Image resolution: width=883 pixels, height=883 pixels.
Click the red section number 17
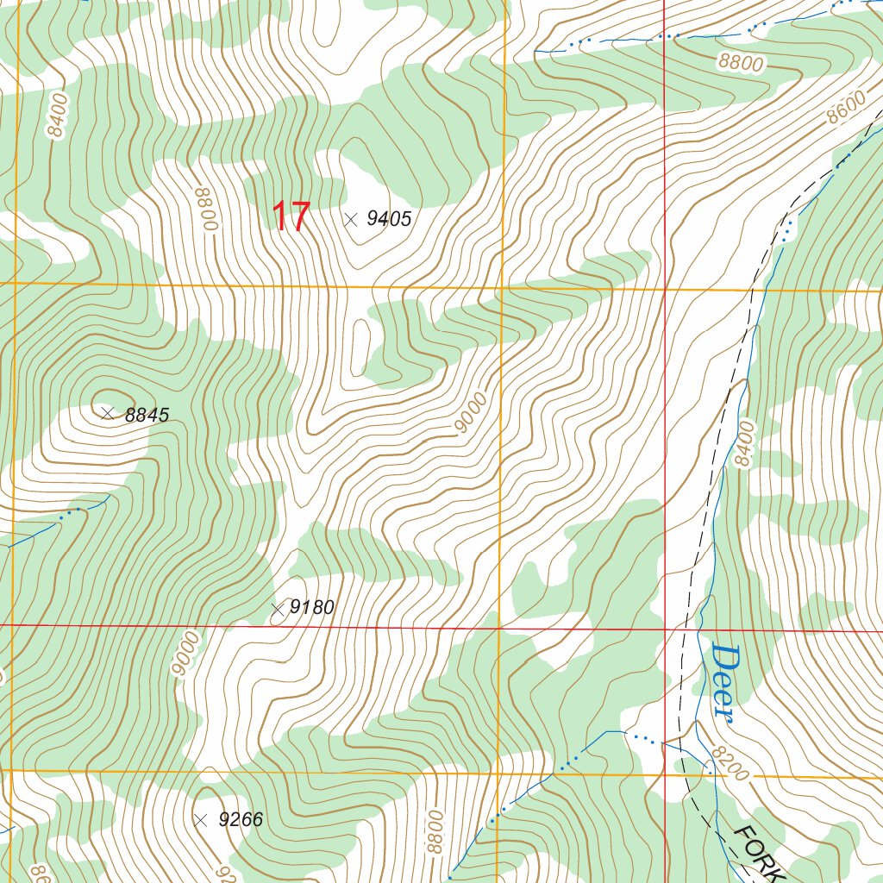click(x=291, y=217)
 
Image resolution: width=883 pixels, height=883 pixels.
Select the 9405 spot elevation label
click(x=389, y=219)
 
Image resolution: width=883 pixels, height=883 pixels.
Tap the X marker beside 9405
click(x=350, y=219)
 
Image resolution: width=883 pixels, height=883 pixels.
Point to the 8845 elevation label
click(x=147, y=415)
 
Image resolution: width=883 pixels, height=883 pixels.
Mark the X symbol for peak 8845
click(x=108, y=414)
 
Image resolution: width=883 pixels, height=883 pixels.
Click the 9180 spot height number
click(x=311, y=608)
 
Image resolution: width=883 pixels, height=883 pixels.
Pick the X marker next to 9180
click(x=278, y=610)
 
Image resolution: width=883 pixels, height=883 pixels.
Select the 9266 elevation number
click(x=241, y=819)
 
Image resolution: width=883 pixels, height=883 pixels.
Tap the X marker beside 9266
click(x=201, y=819)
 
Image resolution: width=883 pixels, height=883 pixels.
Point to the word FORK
click(x=760, y=854)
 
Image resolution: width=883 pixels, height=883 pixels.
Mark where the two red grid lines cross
click(x=665, y=629)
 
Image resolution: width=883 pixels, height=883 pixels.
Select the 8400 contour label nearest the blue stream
click(x=744, y=444)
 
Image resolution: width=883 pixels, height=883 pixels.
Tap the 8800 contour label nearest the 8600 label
click(x=740, y=63)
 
